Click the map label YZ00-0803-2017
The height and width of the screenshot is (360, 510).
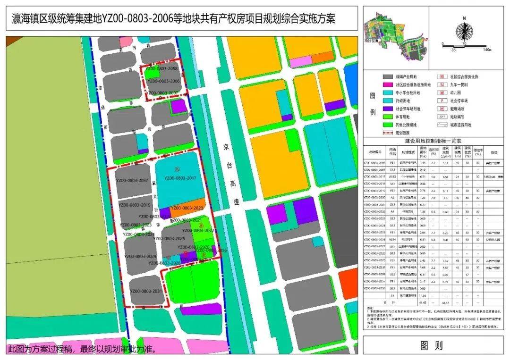tap(180, 178)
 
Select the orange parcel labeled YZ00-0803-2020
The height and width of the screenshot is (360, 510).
tap(187, 208)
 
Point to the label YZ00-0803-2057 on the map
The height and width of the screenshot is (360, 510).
tap(132, 181)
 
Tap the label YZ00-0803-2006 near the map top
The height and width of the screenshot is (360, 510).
tap(163, 81)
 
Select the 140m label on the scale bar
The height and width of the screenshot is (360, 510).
tap(487, 49)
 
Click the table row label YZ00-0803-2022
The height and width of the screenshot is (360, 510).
tap(377, 212)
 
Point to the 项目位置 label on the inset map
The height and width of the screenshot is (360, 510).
tap(372, 41)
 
